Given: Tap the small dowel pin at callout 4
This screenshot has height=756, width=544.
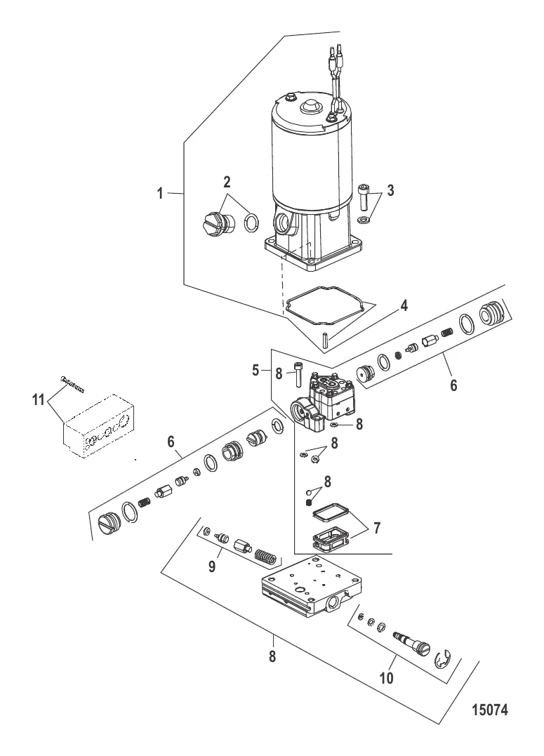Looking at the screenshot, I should (x=326, y=343).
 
